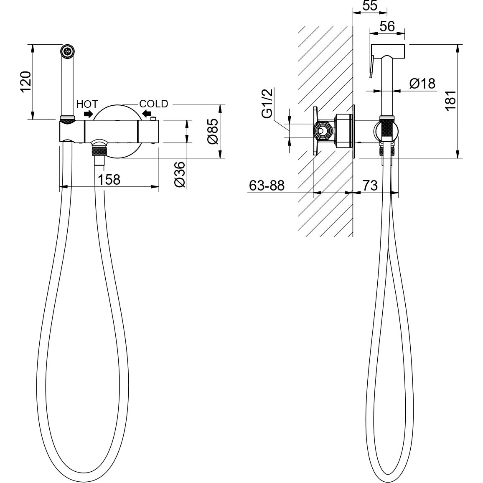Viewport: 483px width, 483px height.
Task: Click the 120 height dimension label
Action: tap(26, 81)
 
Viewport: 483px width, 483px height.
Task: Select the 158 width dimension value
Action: tap(109, 179)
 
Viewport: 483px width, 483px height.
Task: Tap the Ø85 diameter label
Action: tap(213, 131)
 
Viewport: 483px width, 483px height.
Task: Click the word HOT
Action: tap(87, 104)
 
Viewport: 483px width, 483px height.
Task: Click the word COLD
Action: tap(154, 104)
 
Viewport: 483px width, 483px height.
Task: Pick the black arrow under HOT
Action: tap(89, 114)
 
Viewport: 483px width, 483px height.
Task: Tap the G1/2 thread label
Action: tap(267, 103)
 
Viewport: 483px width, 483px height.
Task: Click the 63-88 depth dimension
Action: tap(267, 186)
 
